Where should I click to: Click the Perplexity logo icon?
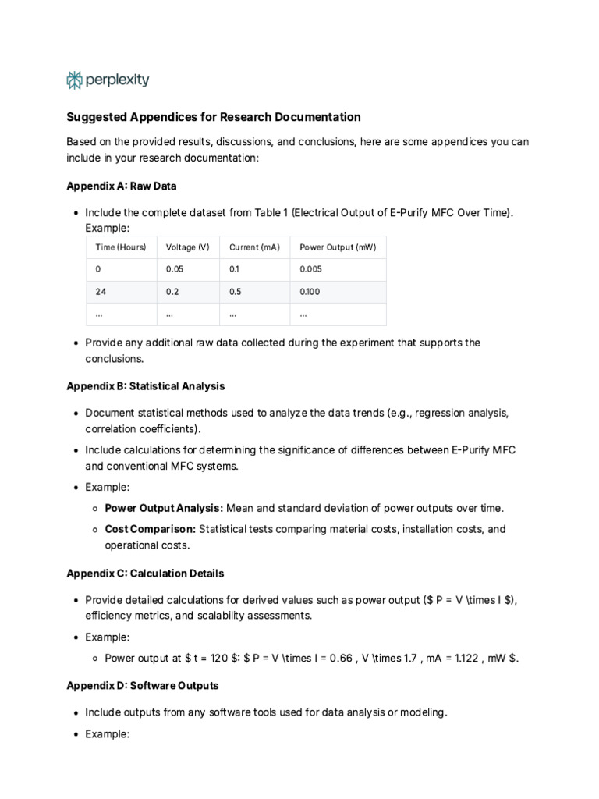(x=74, y=80)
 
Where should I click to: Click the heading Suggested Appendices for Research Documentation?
(x=213, y=117)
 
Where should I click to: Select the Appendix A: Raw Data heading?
(x=121, y=186)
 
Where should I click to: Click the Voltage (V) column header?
(x=187, y=247)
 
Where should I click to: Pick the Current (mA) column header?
(x=253, y=247)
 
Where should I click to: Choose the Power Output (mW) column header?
(x=338, y=247)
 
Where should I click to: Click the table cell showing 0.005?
(x=310, y=269)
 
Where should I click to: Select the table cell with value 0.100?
(x=310, y=292)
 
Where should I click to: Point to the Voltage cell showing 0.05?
(x=175, y=269)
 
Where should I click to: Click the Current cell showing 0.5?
(x=236, y=292)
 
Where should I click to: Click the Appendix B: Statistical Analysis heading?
(x=145, y=386)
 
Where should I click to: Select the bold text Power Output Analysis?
(x=164, y=508)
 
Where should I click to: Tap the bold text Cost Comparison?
(x=151, y=529)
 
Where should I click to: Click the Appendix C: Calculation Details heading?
(x=145, y=574)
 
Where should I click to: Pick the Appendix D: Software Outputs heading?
(x=142, y=686)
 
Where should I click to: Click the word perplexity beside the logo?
(x=118, y=80)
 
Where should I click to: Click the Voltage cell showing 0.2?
(x=172, y=292)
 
